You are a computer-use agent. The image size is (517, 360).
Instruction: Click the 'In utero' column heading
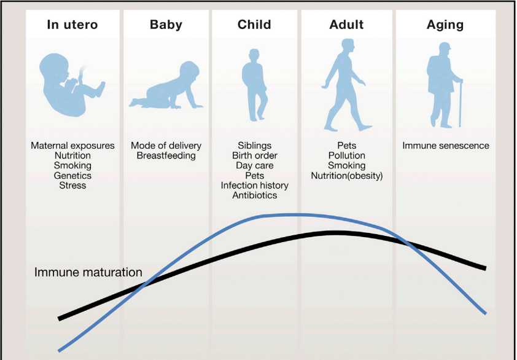click(72, 25)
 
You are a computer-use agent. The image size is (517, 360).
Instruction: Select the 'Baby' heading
click(166, 25)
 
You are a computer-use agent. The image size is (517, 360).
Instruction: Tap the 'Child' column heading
click(254, 25)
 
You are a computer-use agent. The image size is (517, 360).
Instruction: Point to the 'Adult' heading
click(346, 25)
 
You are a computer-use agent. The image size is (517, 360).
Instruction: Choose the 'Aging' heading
click(445, 25)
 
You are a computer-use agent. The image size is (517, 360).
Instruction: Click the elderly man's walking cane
click(461, 103)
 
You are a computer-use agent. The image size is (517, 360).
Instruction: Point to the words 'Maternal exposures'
click(72, 146)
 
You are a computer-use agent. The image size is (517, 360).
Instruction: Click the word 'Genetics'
click(72, 175)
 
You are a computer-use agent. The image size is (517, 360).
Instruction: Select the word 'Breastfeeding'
click(166, 155)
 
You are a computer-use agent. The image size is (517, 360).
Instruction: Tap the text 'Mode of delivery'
click(166, 146)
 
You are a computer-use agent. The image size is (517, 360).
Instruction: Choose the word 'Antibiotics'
click(255, 195)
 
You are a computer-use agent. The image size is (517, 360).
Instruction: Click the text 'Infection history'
click(255, 185)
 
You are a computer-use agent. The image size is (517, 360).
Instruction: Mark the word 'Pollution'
click(346, 155)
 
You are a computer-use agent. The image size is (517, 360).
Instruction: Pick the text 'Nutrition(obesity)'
click(347, 176)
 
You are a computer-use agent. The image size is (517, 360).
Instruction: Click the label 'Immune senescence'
click(446, 146)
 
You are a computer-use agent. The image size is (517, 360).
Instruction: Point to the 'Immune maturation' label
click(88, 272)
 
